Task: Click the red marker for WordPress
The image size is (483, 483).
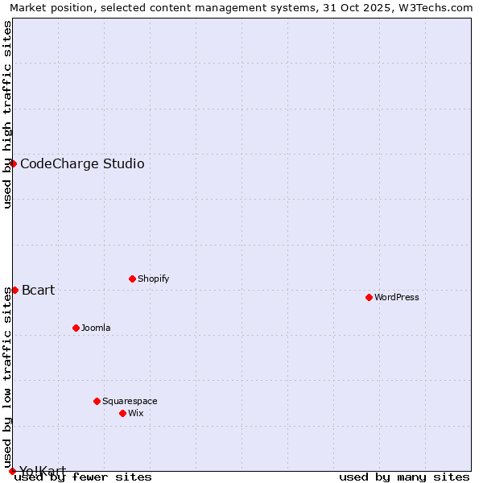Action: [369, 297]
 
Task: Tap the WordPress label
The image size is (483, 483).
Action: [396, 297]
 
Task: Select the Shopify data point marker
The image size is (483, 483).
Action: [132, 279]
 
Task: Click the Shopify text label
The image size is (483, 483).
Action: [153, 279]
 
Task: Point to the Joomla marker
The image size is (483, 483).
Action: [76, 328]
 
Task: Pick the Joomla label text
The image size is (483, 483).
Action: [96, 328]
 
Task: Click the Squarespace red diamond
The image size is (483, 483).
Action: [97, 401]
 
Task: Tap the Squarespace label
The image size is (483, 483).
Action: [130, 401]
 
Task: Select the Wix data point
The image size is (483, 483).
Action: [122, 413]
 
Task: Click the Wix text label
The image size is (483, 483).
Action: [136, 413]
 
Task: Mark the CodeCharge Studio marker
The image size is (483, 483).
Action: [13, 163]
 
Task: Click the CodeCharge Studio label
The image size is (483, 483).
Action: [82, 164]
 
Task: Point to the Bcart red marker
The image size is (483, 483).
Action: [14, 290]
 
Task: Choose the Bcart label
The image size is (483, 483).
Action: [39, 291]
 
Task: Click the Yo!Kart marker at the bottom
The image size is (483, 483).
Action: [12, 471]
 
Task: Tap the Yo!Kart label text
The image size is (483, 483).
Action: [43, 471]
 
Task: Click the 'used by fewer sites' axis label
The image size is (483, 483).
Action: [83, 477]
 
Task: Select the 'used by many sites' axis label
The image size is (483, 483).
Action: [404, 477]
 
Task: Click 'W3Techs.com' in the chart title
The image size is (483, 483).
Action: [439, 8]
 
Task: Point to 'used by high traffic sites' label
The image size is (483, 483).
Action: [8, 114]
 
